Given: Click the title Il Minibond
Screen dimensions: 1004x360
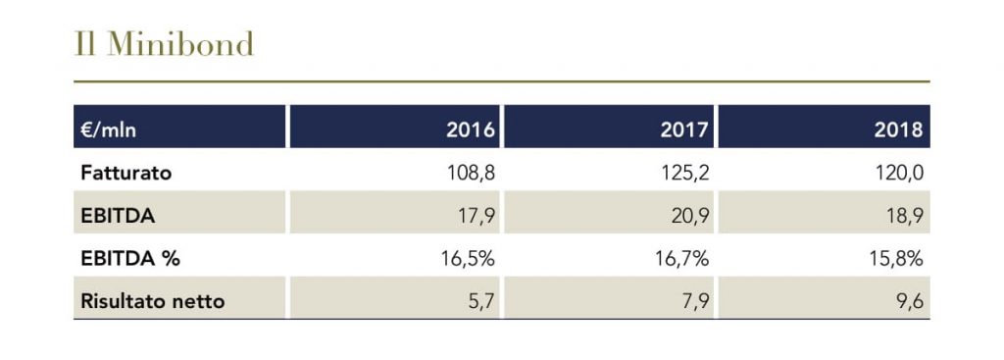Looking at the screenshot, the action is tap(164, 44).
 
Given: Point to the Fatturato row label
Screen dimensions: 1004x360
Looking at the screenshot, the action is tap(126, 173).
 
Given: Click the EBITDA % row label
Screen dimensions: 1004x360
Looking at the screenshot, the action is tap(130, 258).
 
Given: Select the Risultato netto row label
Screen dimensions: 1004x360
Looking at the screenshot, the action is tap(152, 301).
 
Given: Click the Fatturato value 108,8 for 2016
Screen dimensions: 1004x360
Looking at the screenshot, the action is tap(472, 173).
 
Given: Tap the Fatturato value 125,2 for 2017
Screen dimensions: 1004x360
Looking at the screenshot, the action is tap(685, 173).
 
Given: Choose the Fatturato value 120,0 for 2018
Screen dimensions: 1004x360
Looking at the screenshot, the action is tap(899, 173).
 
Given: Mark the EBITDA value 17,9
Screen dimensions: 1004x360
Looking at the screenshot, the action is tap(477, 216).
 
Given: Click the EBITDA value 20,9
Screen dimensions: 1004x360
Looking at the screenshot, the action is tap(689, 216).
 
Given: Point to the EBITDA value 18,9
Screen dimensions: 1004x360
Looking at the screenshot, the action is tap(905, 216).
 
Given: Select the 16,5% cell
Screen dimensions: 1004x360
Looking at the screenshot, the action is tap(468, 258).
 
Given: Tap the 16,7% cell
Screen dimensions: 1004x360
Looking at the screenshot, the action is tap(682, 258).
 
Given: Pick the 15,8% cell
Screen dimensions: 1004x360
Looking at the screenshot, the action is tap(896, 258).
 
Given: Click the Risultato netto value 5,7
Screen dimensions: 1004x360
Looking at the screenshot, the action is tap(482, 301).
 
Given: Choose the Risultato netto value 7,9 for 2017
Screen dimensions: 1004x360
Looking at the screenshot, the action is tap(696, 301).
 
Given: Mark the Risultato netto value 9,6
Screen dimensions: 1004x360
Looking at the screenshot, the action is tap(910, 301).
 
